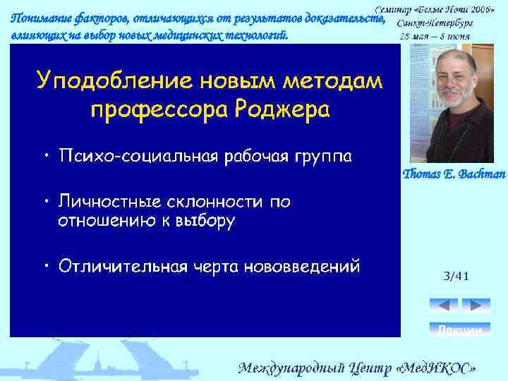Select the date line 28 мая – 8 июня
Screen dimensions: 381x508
tap(435, 35)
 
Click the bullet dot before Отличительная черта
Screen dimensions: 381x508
tap(44, 266)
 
